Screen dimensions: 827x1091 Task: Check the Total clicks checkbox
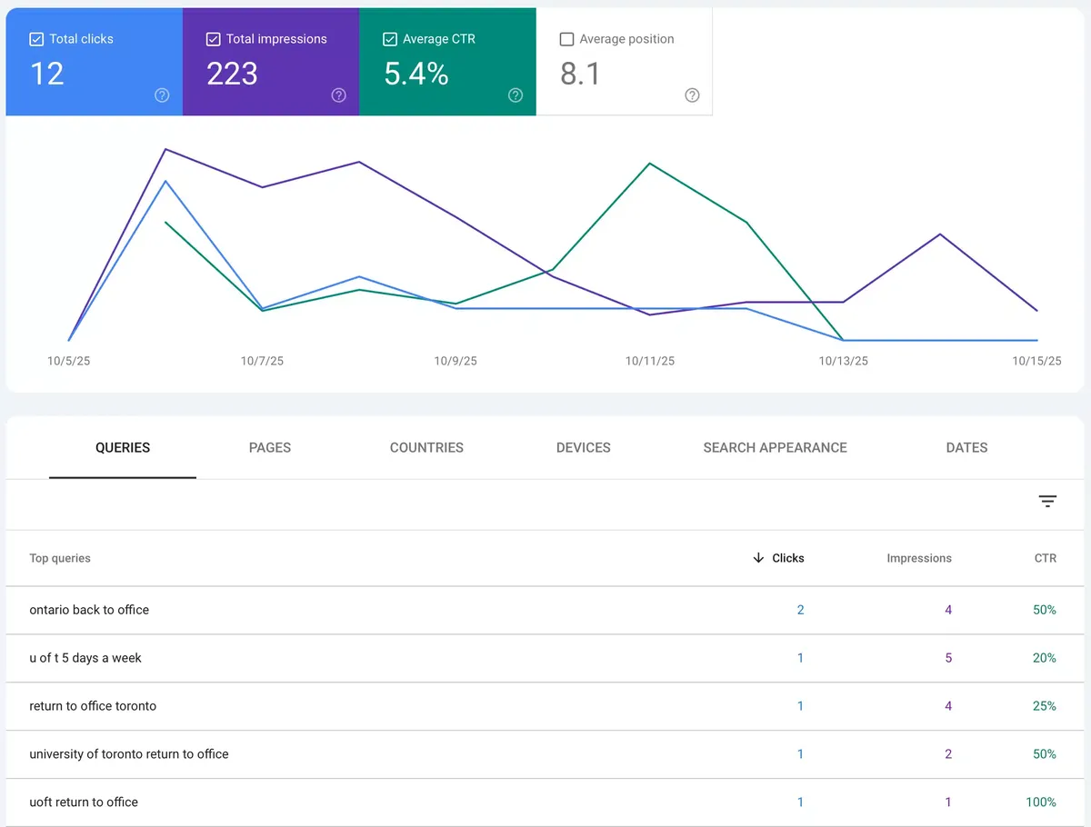click(x=36, y=39)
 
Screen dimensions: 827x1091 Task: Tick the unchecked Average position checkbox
click(x=567, y=39)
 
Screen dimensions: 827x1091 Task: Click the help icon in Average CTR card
click(x=515, y=95)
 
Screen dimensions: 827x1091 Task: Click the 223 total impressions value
click(x=232, y=74)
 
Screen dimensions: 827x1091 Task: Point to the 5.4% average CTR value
click(x=415, y=74)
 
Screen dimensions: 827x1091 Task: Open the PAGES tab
click(x=270, y=447)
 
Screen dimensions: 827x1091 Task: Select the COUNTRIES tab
click(x=426, y=447)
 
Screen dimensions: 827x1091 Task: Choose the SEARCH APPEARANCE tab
click(x=775, y=447)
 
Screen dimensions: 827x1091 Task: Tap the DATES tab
click(x=966, y=447)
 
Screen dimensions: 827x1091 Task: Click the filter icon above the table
click(x=1047, y=502)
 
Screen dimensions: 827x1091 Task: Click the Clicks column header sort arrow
click(x=758, y=558)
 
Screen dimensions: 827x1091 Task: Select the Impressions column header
click(x=918, y=558)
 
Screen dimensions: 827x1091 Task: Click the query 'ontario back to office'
click(x=89, y=610)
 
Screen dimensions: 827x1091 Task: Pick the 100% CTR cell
click(x=1041, y=802)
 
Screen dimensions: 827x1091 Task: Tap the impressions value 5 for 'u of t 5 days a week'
click(x=948, y=658)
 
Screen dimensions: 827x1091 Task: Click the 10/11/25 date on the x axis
click(x=650, y=361)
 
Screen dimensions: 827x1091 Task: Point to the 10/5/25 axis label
click(x=69, y=361)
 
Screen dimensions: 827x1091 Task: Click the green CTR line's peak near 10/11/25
click(x=650, y=164)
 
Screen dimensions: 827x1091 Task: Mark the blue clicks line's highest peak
click(x=165, y=181)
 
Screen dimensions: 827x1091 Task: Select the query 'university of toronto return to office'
click(x=129, y=754)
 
